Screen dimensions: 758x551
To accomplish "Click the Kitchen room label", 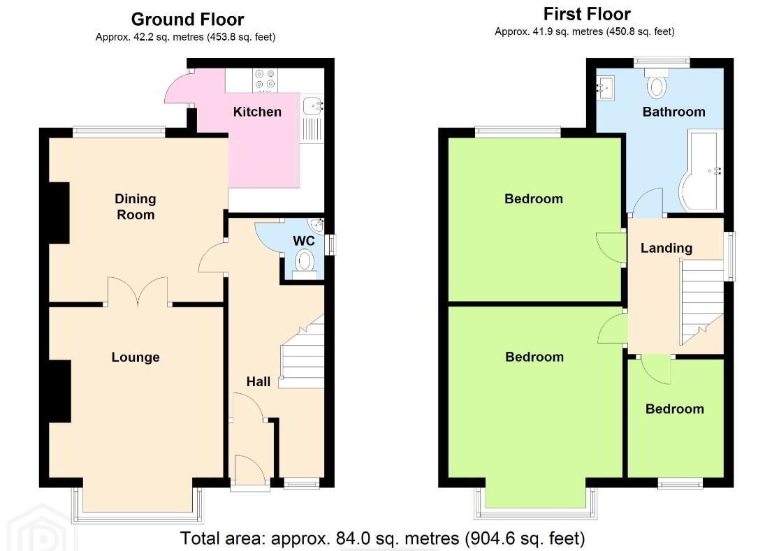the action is point(257,112).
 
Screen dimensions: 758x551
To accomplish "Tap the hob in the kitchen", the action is point(265,80).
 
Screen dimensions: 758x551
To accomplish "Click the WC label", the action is point(304,241).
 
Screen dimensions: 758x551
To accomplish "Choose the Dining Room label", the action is point(136,207).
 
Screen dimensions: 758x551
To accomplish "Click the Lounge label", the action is point(136,357).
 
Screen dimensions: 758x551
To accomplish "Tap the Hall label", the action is point(258,382).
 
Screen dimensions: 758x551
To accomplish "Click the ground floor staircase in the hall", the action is point(302,352).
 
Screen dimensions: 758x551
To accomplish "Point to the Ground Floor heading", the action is point(187,20).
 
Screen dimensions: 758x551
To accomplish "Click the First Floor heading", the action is point(587,14).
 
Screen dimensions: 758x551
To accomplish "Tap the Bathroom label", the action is point(674,112).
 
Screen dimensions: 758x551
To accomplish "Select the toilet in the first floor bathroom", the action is point(657,84).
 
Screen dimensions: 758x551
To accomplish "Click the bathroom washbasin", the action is point(605,88).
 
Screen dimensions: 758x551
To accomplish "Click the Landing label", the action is point(666,249).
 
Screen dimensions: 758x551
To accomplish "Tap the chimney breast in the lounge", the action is point(60,392).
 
